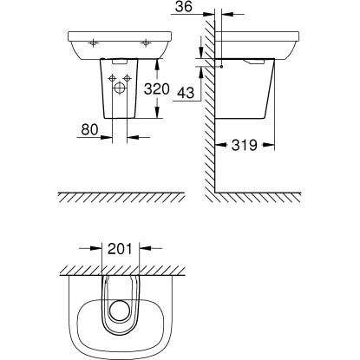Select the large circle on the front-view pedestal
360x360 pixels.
pos(119,87)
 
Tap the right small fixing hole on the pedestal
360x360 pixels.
pos(128,79)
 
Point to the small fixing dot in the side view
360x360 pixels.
pos(222,66)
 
